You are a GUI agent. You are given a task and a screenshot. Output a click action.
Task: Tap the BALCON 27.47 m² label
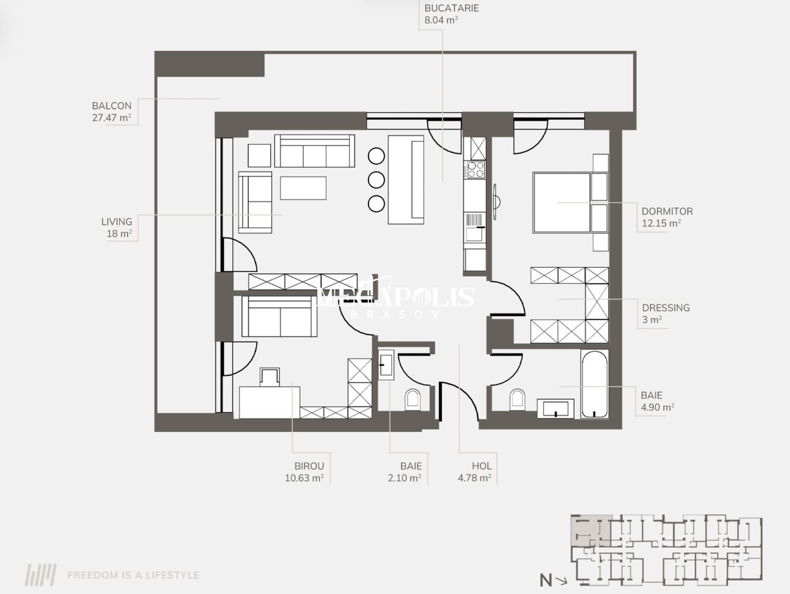(x=112, y=112)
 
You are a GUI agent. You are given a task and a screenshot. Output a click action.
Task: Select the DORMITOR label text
(x=667, y=212)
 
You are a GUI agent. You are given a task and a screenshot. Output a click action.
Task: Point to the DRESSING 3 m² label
(x=665, y=313)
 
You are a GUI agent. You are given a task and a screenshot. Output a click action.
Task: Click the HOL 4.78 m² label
(x=475, y=472)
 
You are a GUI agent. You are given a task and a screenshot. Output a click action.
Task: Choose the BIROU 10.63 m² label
(x=304, y=472)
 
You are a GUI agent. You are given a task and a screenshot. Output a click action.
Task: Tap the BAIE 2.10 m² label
(x=405, y=472)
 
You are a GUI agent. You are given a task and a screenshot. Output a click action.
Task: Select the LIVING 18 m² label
(x=117, y=227)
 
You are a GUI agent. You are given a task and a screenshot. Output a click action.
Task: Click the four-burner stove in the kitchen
(x=475, y=169)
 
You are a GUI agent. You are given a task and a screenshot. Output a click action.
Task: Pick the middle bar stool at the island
(x=376, y=179)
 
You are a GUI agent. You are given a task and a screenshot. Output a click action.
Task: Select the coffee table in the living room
(x=303, y=188)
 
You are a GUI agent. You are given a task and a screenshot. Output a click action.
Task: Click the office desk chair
(x=270, y=376)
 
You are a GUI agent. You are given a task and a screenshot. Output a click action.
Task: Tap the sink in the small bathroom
(x=386, y=364)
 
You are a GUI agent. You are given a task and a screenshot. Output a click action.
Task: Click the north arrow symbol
(x=553, y=580)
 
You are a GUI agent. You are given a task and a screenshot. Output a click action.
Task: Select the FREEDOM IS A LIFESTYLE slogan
(x=133, y=575)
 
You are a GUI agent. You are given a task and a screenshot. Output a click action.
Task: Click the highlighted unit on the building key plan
(x=590, y=530)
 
